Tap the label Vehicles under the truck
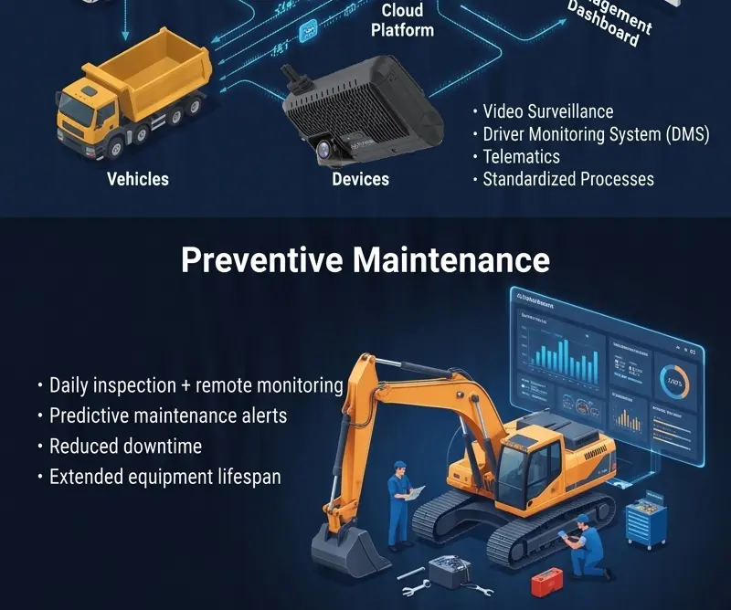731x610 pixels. click(x=138, y=179)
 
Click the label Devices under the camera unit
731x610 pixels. click(x=360, y=179)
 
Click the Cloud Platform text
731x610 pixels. click(x=402, y=20)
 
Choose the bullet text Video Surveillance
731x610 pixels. click(x=548, y=111)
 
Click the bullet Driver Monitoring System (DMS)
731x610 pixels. click(x=596, y=134)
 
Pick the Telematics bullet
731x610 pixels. click(x=522, y=156)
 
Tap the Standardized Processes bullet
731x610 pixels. click(x=568, y=179)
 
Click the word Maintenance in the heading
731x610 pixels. click(x=451, y=259)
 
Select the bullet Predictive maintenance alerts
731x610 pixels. click(x=168, y=415)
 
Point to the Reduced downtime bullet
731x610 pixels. click(x=125, y=447)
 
